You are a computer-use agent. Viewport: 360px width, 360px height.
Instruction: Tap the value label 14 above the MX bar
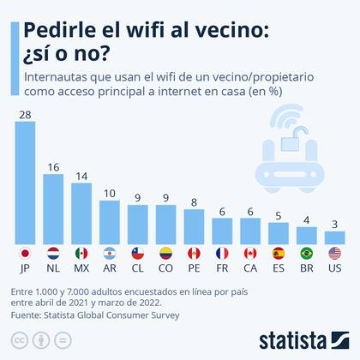(81, 176)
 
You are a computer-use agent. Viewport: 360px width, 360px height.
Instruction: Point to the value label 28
(25, 114)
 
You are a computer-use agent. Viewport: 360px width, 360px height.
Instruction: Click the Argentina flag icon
(110, 254)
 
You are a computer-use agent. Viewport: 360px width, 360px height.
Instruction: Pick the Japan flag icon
(25, 254)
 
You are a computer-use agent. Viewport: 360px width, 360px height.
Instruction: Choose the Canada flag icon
(250, 254)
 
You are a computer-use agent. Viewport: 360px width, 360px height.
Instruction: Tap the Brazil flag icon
(307, 254)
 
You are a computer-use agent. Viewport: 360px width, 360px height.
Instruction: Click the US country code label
(335, 269)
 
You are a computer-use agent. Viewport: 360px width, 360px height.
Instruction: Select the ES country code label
(279, 269)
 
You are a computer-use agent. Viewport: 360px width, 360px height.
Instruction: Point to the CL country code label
(138, 269)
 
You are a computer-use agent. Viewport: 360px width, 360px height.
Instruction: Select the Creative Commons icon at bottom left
(20, 340)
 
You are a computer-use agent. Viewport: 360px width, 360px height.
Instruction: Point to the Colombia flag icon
(166, 254)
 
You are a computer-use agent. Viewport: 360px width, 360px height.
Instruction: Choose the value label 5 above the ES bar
(279, 216)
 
